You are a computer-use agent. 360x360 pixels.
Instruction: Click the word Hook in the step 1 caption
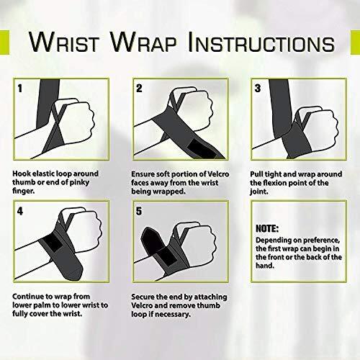point(22,173)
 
